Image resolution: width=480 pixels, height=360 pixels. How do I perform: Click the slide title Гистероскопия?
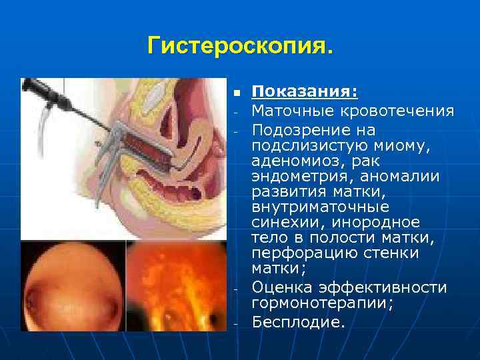click(x=239, y=47)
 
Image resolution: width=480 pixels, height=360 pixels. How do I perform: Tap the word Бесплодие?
click(x=298, y=322)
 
